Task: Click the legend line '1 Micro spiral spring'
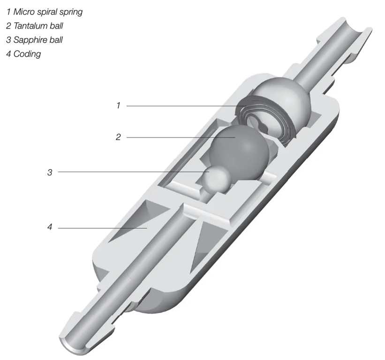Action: [45, 12]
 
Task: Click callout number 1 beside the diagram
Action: [118, 106]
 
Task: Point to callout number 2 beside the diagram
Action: [118, 137]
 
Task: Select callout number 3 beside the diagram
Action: [50, 172]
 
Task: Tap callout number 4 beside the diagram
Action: [50, 228]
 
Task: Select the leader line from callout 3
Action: [131, 172]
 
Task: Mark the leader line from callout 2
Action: [178, 137]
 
